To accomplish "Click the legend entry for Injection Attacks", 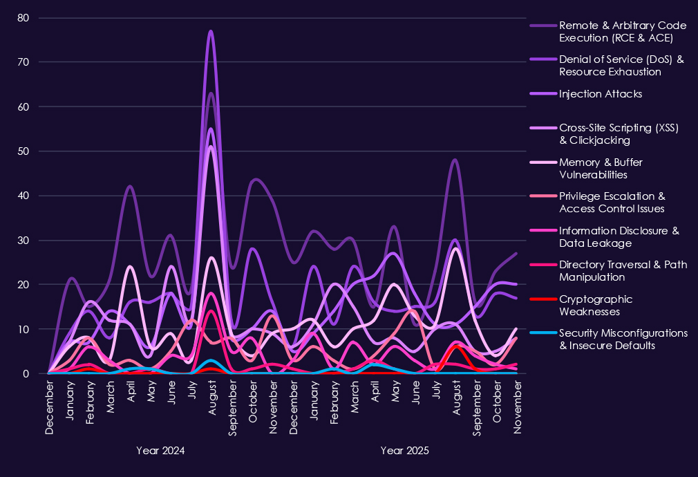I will pyautogui.click(x=601, y=93).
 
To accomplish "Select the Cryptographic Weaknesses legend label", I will pyautogui.click(x=596, y=305).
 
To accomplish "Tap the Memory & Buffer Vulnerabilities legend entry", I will pyautogui.click(x=601, y=168).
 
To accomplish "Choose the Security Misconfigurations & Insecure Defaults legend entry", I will pyautogui.click(x=623, y=339).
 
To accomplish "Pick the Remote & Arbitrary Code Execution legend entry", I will pyautogui.click(x=622, y=31).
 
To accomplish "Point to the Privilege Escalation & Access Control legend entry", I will pyautogui.click(x=612, y=202).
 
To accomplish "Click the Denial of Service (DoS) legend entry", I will pyautogui.click(x=621, y=66).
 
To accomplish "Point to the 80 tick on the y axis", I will pyautogui.click(x=23, y=18).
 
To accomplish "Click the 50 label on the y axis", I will pyautogui.click(x=23, y=151).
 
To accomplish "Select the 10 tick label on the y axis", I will pyautogui.click(x=23, y=330).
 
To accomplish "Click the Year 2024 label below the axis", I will pyautogui.click(x=160, y=451).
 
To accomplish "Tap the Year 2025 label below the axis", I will pyautogui.click(x=405, y=451).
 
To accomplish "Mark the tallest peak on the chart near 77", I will pyautogui.click(x=211, y=32).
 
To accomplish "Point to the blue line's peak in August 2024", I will pyautogui.click(x=211, y=360).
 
